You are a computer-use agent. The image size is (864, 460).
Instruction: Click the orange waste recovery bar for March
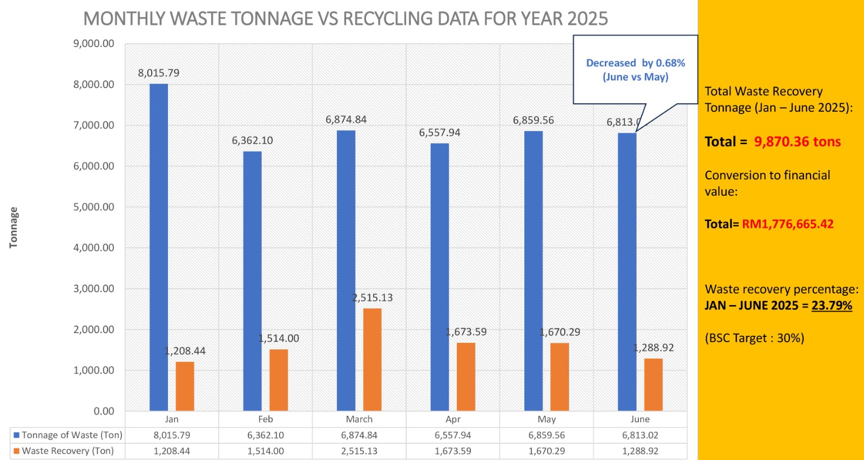click(x=372, y=360)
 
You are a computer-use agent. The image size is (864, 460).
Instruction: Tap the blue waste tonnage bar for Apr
click(x=440, y=277)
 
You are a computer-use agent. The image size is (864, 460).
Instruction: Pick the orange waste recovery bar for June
click(x=653, y=384)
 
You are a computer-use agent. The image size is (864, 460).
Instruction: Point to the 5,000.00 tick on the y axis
click(x=94, y=207)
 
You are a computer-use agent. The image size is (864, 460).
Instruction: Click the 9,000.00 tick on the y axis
click(x=94, y=44)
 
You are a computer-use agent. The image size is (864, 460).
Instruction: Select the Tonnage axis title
click(x=13, y=227)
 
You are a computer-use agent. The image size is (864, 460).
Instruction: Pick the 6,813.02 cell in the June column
click(x=640, y=435)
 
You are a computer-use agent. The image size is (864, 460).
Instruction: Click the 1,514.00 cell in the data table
click(x=266, y=451)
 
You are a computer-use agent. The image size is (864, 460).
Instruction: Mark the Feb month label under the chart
click(x=266, y=419)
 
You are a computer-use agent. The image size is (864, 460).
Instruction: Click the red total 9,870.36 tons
click(x=797, y=142)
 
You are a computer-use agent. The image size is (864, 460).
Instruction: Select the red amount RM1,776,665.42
click(x=787, y=224)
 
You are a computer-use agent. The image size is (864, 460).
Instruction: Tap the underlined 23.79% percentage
click(x=832, y=306)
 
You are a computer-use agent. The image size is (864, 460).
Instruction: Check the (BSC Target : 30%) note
click(x=754, y=339)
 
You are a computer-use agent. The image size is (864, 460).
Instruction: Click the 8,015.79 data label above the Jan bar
click(x=159, y=73)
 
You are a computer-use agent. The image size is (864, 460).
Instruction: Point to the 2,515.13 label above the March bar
click(x=373, y=298)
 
